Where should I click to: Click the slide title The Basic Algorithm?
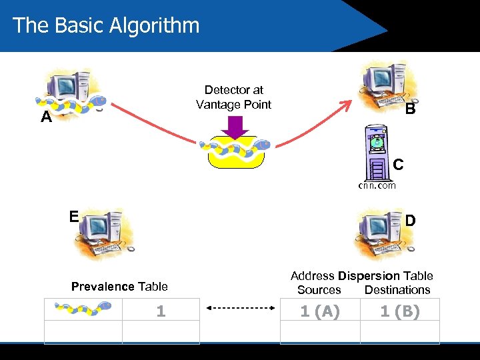[106, 25]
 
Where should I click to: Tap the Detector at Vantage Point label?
[233, 97]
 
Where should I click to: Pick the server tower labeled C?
[377, 153]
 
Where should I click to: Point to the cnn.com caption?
[377, 185]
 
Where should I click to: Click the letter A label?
[46, 118]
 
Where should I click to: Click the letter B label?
[411, 109]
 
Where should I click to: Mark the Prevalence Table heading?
[119, 287]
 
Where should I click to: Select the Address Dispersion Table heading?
[361, 276]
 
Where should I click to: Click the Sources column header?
[319, 290]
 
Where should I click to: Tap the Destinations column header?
[397, 290]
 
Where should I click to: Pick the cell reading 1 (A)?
[320, 311]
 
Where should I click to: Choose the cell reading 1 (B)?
[400, 311]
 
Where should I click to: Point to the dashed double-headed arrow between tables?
[241, 309]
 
